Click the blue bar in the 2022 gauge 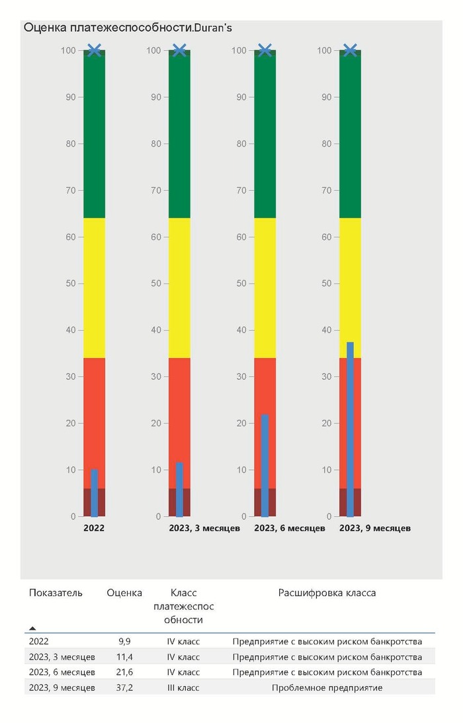click(x=94, y=493)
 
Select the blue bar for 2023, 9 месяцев click(x=350, y=430)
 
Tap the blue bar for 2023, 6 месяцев click(x=265, y=465)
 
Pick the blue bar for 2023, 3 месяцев click(x=179, y=490)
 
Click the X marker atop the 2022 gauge click(x=94, y=50)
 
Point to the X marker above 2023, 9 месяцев click(x=350, y=50)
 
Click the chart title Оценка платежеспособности click(x=128, y=28)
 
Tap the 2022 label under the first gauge click(x=94, y=528)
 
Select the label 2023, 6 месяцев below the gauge click(x=289, y=528)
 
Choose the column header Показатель click(x=56, y=593)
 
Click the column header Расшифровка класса click(x=327, y=593)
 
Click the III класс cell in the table click(x=183, y=688)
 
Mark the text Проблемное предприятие click(x=327, y=688)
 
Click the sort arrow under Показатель click(x=32, y=628)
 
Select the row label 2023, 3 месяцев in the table click(x=62, y=657)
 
